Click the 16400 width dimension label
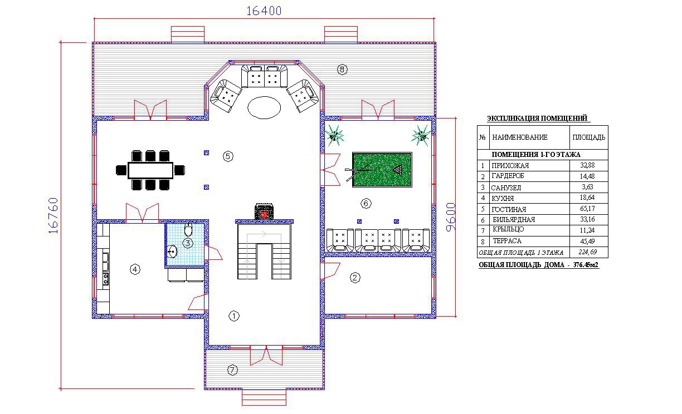pyautogui.click(x=264, y=11)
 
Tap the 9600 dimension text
pyautogui.click(x=451, y=217)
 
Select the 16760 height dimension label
pyautogui.click(x=53, y=215)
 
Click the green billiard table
pyautogui.click(x=382, y=170)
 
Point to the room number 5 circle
pyautogui.click(x=228, y=156)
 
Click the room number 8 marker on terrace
pyautogui.click(x=342, y=70)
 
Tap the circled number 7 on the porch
pyautogui.click(x=232, y=370)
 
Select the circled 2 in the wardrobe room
pyautogui.click(x=355, y=278)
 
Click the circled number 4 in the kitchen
pyautogui.click(x=135, y=269)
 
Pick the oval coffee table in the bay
pyautogui.click(x=264, y=107)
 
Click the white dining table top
pyautogui.click(x=150, y=170)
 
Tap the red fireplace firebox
pyautogui.click(x=264, y=215)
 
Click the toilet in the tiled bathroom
pyautogui.click(x=188, y=229)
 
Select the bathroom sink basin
pyautogui.click(x=172, y=252)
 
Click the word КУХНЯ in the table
pyautogui.click(x=503, y=199)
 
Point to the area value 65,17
pyautogui.click(x=587, y=209)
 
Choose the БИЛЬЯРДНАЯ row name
pyautogui.click(x=514, y=219)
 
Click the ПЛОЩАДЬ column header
pyautogui.click(x=589, y=137)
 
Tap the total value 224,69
pyautogui.click(x=588, y=252)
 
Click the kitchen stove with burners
pyautogui.click(x=106, y=279)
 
